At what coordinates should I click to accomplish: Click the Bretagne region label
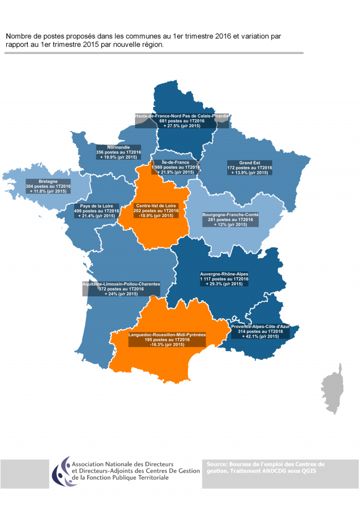[48, 187]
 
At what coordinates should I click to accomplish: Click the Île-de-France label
[175, 167]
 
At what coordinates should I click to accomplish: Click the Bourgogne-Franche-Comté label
[230, 219]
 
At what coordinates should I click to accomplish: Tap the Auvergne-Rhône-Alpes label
[224, 279]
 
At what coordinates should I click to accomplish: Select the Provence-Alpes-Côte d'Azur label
[260, 332]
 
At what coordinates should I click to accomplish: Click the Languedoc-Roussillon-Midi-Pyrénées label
[167, 339]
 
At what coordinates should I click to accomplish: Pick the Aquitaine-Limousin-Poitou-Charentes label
[121, 289]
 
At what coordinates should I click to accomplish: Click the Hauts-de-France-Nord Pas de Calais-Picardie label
[182, 121]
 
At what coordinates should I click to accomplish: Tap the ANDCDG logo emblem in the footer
[61, 471]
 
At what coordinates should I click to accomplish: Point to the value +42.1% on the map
[260, 337]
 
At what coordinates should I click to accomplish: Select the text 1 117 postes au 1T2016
[224, 279]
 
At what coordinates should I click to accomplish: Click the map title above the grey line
[143, 40]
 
